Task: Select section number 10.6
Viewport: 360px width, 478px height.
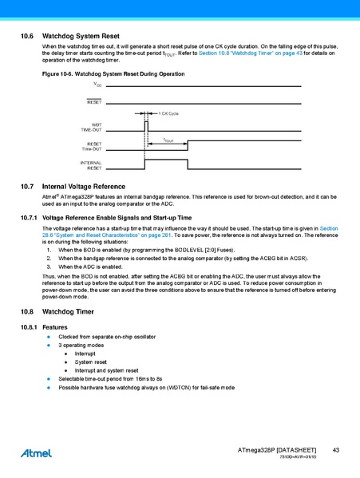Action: coord(26,37)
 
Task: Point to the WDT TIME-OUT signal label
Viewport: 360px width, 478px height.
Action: coord(91,127)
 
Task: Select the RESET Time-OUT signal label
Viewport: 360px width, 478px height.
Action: coord(91,146)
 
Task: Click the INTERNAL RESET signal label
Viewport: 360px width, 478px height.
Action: coord(90,166)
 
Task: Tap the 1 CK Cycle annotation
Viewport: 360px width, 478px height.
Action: coord(168,114)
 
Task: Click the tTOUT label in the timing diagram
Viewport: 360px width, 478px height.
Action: coord(168,140)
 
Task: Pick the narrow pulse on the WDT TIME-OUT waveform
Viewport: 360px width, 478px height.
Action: coord(146,124)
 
